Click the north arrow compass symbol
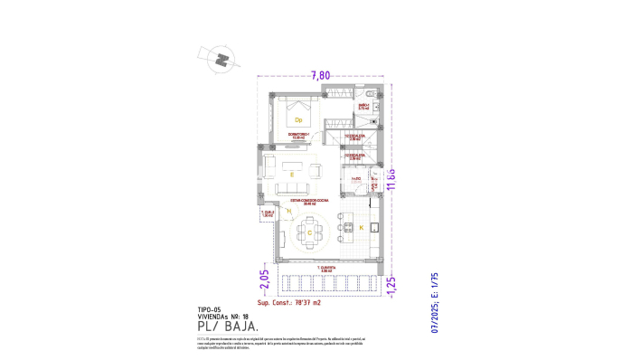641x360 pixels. pyautogui.click(x=220, y=61)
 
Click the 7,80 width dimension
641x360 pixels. pyautogui.click(x=320, y=76)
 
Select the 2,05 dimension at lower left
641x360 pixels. pyautogui.click(x=265, y=280)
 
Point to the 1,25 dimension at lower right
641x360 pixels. pyautogui.click(x=391, y=281)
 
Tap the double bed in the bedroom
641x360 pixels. pyautogui.click(x=298, y=113)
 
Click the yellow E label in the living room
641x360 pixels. pyautogui.click(x=291, y=172)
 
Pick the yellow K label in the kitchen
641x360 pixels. pyautogui.click(x=361, y=227)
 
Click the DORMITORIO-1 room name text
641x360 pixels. pyautogui.click(x=298, y=136)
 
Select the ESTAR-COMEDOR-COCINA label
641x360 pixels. pyautogui.click(x=302, y=203)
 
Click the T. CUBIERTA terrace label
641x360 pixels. pyautogui.click(x=327, y=269)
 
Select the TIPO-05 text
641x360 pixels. pyautogui.click(x=209, y=308)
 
